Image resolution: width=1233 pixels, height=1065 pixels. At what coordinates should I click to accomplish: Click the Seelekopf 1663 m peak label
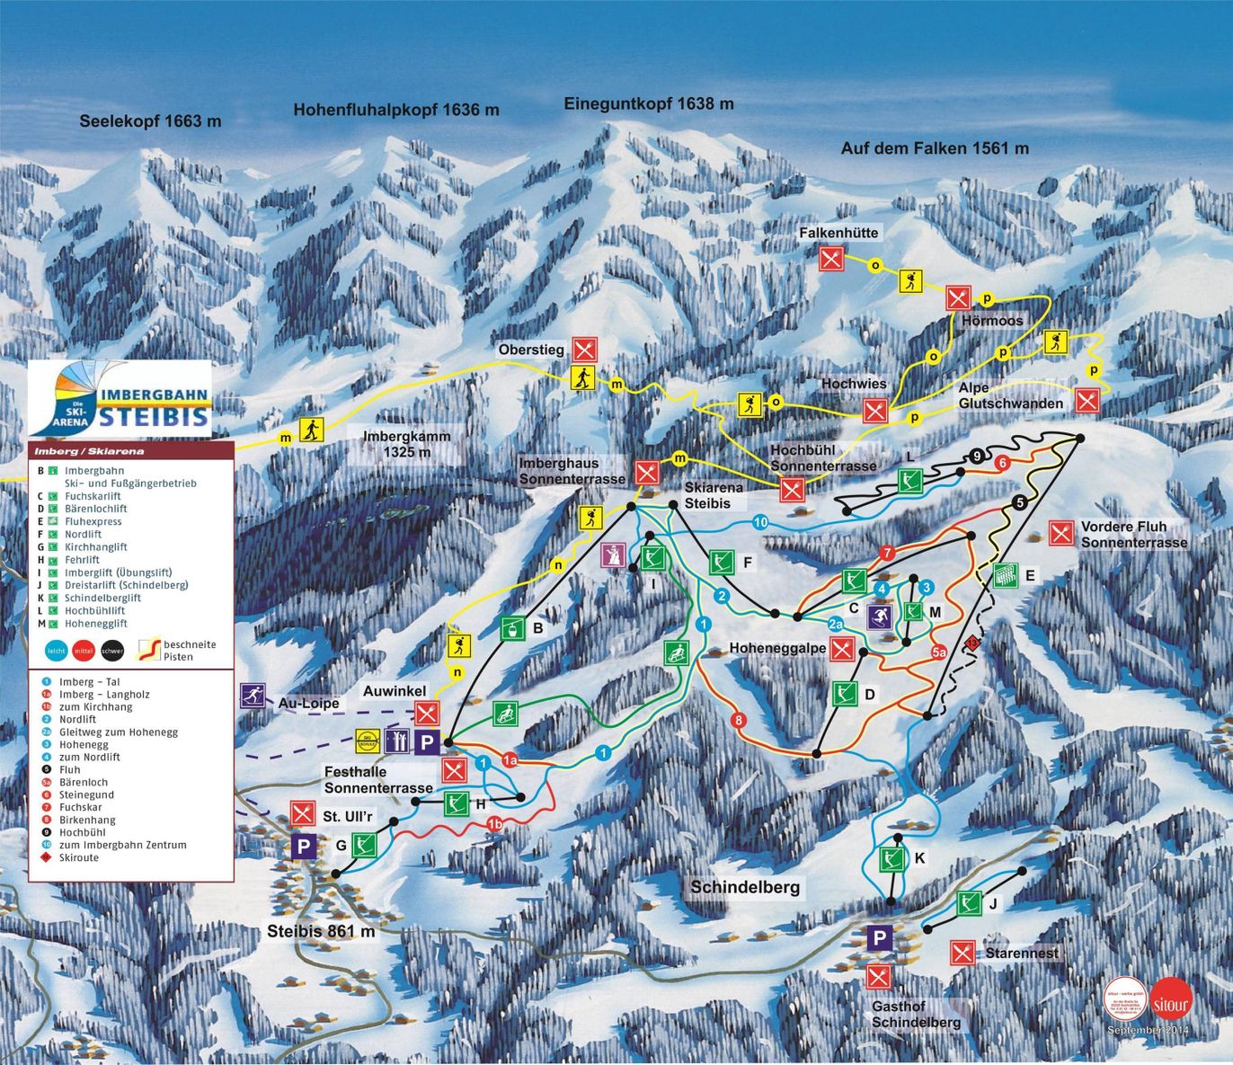point(150,120)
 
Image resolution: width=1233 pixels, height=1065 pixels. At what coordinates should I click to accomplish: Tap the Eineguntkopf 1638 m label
point(648,103)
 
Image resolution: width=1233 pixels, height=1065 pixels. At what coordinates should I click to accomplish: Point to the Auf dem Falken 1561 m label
point(935,148)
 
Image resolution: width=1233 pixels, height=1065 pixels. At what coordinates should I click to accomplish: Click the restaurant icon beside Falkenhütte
point(831,259)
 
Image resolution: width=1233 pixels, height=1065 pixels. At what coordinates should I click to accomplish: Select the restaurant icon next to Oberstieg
point(585,349)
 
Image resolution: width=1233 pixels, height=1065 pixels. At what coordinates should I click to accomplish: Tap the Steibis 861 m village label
point(321,931)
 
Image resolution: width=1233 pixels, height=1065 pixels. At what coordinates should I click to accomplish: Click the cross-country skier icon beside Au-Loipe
point(253,696)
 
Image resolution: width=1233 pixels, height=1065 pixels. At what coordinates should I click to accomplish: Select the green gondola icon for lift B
point(513,627)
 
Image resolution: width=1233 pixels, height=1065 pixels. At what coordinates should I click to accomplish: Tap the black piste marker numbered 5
point(1019,503)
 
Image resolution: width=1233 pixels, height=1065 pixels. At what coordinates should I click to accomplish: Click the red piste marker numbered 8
point(739,720)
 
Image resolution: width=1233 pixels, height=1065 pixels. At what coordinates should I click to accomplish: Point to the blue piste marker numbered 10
point(760,522)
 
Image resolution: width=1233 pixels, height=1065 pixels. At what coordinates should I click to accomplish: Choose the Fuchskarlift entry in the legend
point(92,496)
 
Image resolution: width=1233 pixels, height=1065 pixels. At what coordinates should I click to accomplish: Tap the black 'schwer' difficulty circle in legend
point(112,651)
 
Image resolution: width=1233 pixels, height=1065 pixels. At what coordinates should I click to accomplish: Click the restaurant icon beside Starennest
point(962,953)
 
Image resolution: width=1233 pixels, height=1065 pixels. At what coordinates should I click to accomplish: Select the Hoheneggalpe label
point(777,648)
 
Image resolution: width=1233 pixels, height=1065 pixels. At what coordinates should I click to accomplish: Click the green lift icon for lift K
point(891,859)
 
